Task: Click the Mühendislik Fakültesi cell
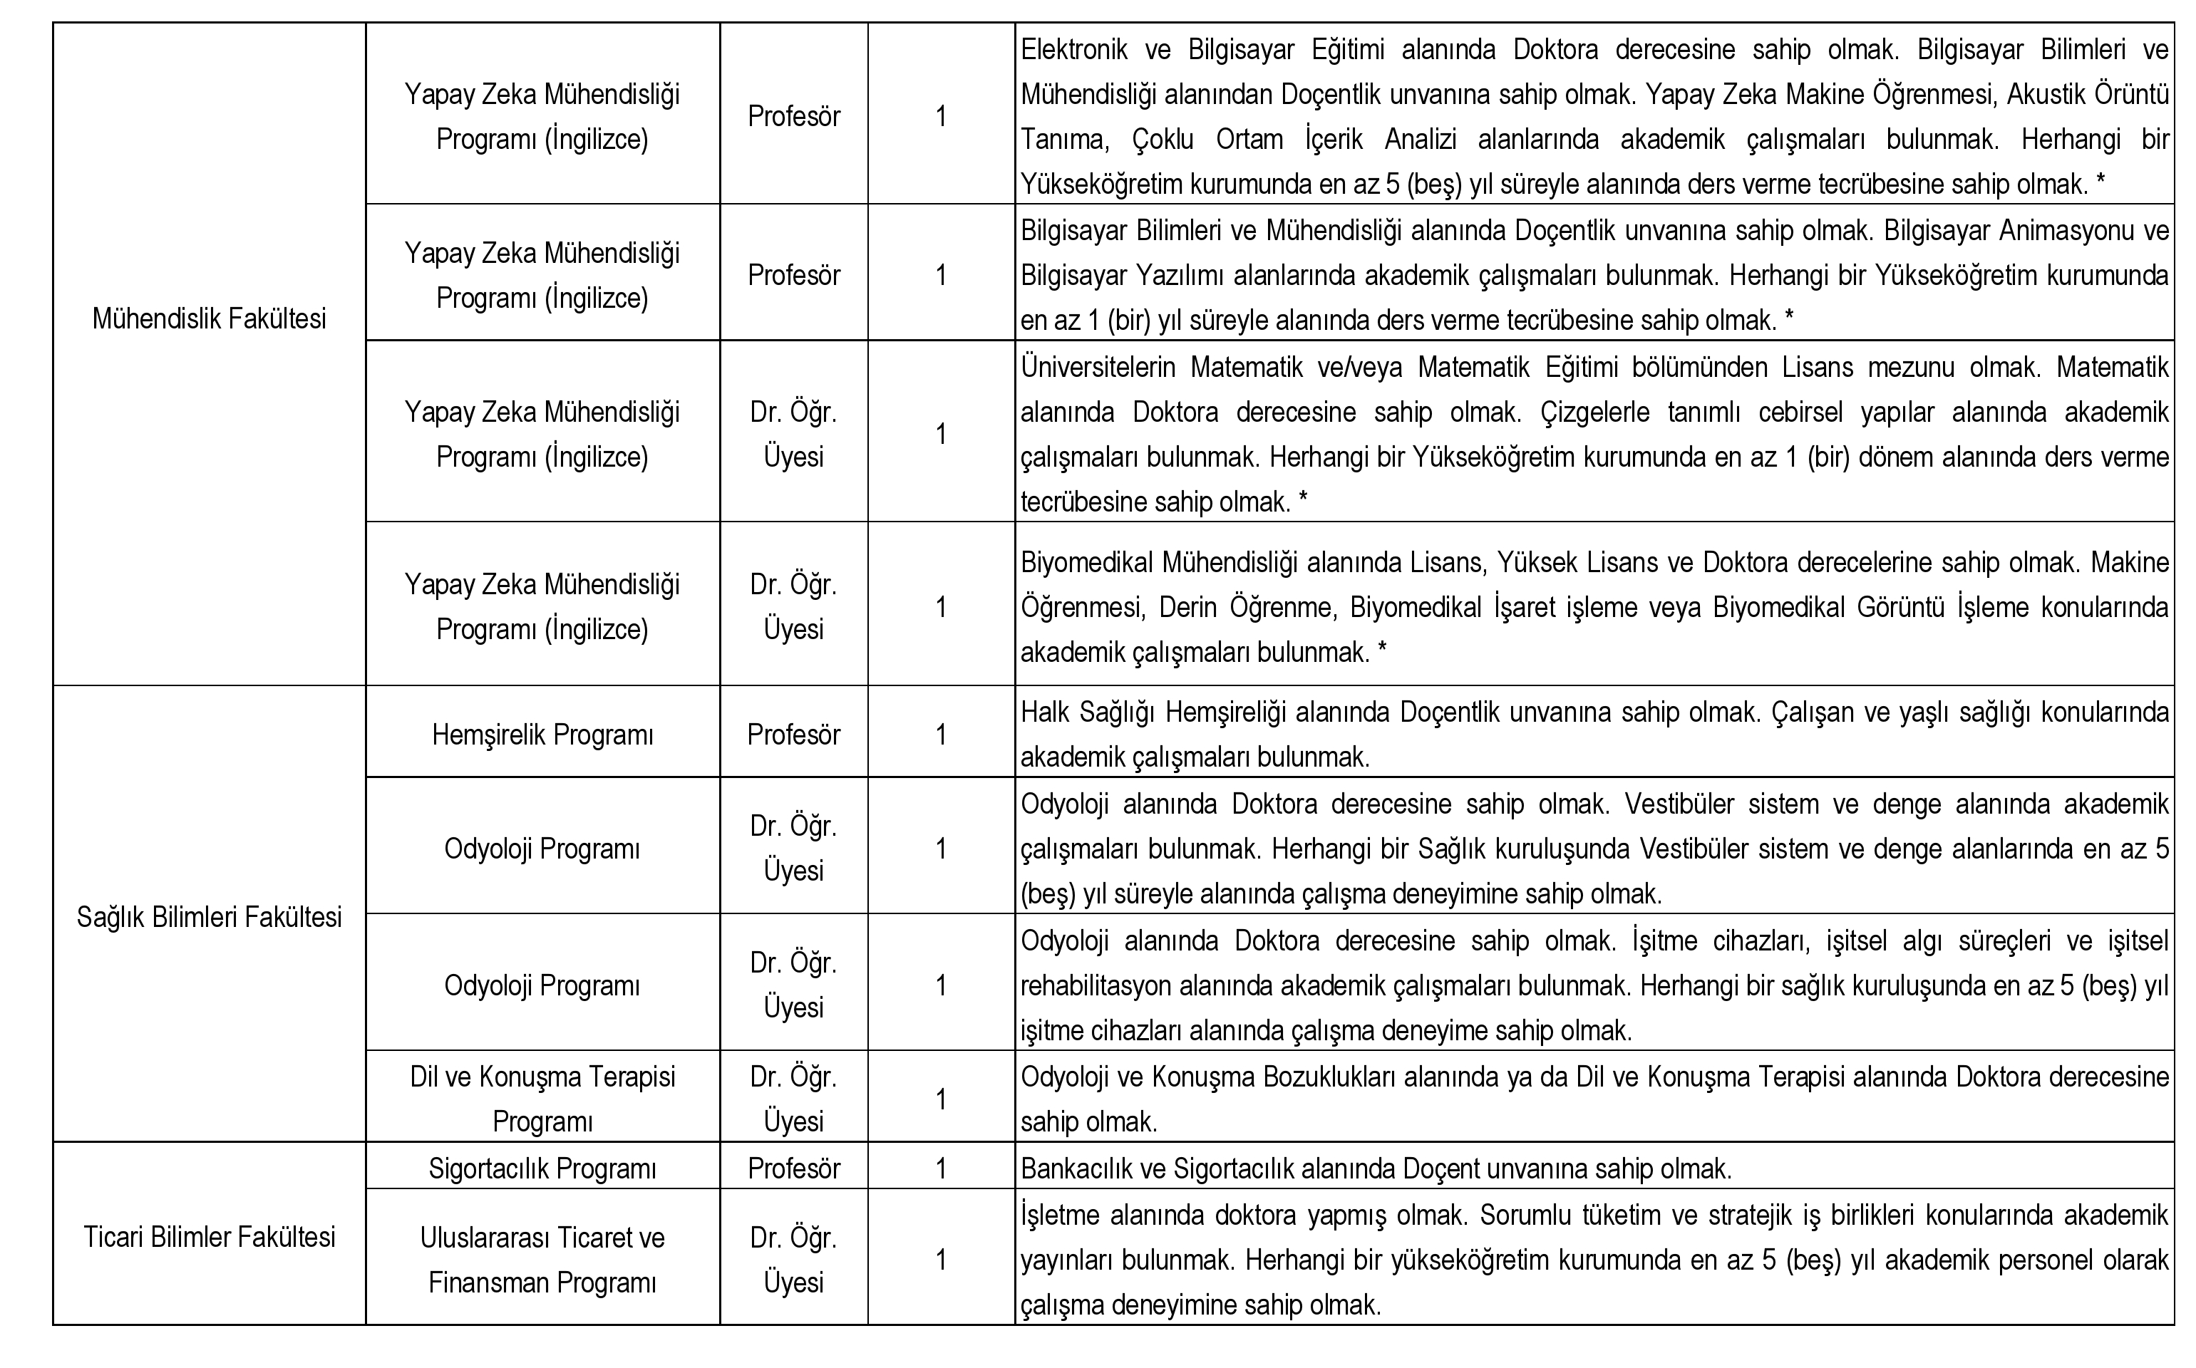click(209, 319)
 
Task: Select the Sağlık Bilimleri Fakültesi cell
click(209, 918)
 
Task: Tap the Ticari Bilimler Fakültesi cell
click(209, 1237)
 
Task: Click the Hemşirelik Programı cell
click(542, 735)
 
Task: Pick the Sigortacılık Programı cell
click(542, 1169)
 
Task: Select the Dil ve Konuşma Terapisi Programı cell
click(542, 1099)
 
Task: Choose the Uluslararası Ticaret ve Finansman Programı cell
click(542, 1260)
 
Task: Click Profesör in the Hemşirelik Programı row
click(793, 735)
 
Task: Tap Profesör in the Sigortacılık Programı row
click(793, 1169)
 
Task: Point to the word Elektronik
click(1074, 50)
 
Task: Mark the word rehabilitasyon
click(1096, 985)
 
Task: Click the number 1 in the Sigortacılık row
click(941, 1169)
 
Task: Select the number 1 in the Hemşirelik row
click(941, 735)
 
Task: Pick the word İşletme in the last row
click(1063, 1215)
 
